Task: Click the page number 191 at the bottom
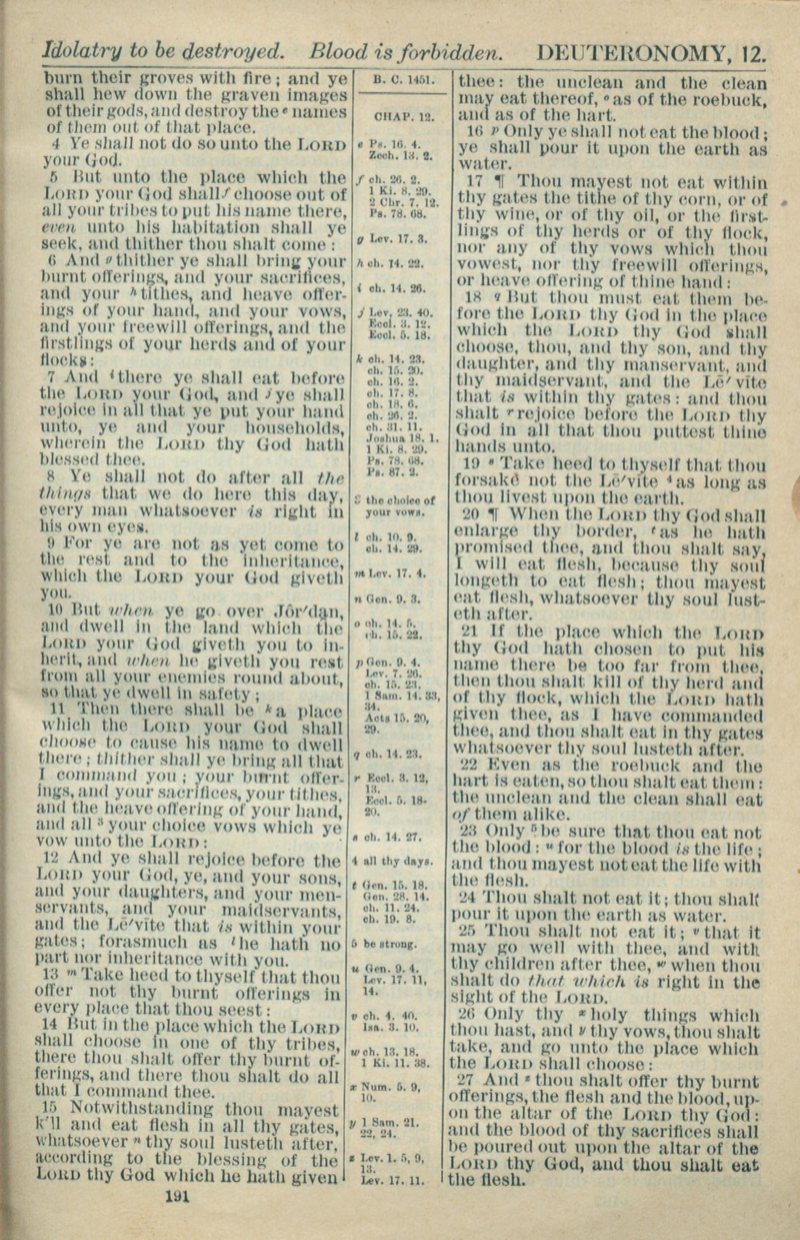[177, 1196]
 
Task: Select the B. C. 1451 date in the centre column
[404, 81]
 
